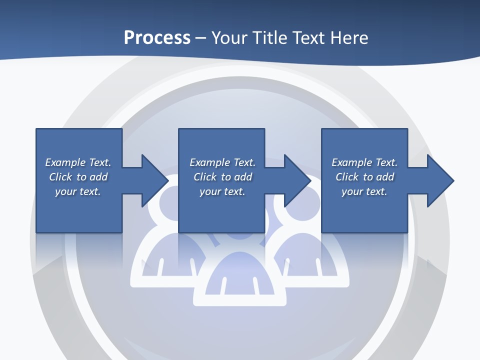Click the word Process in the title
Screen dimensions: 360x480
tap(157, 38)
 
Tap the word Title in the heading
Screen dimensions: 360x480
tap(271, 38)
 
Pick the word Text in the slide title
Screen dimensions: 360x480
tap(308, 38)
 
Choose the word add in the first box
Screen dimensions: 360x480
tap(98, 177)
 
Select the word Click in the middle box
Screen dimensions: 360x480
tap(205, 177)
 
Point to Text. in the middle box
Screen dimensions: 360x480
tap(244, 162)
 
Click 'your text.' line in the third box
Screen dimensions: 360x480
tap(364, 191)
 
